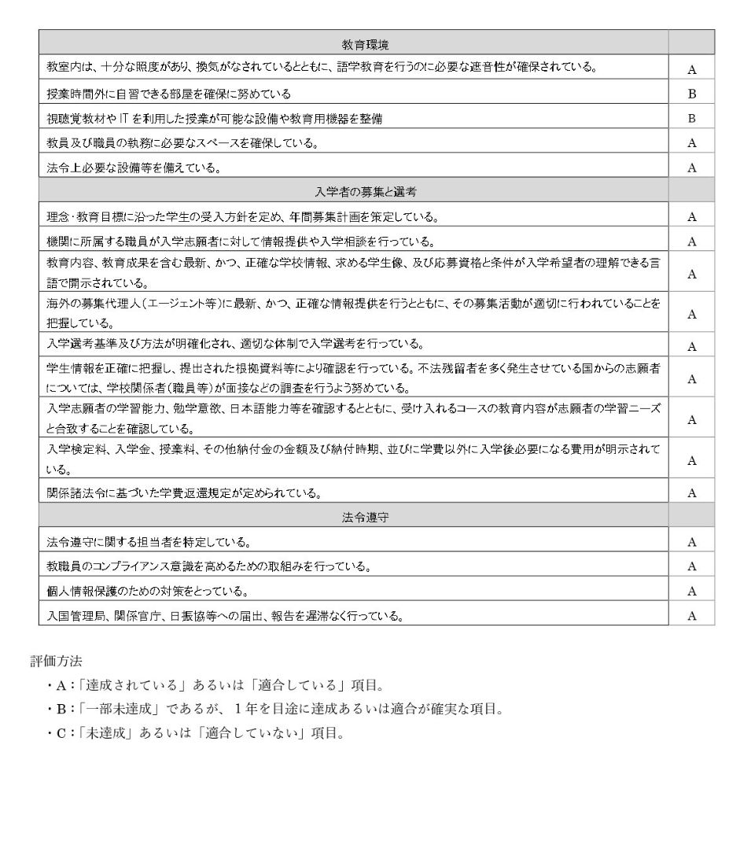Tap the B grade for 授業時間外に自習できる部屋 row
692,94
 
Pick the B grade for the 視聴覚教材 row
692,119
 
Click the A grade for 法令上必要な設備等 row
692,168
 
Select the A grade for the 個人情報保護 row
692,592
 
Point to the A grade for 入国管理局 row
692,616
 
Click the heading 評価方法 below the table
56,661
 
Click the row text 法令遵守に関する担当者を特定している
149,542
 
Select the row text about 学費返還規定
183,493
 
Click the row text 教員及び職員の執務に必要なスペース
182,143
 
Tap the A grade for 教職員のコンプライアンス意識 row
692,566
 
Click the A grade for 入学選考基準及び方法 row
692,347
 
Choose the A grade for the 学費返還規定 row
692,493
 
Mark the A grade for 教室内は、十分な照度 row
692,70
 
